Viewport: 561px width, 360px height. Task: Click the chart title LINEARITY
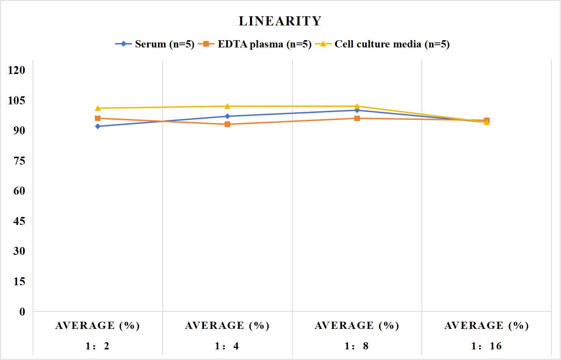point(280,21)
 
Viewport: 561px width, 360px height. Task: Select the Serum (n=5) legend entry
point(155,44)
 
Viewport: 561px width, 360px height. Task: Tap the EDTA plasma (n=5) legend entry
point(255,44)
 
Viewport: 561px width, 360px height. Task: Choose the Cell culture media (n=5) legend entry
point(382,44)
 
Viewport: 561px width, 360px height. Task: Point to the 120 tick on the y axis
point(17,70)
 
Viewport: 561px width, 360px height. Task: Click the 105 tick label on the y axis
point(17,101)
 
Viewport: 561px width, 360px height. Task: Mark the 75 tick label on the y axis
point(19,161)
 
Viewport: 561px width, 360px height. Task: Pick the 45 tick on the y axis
point(19,221)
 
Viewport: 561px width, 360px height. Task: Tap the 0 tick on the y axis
point(22,312)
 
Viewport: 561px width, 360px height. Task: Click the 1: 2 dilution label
point(98,346)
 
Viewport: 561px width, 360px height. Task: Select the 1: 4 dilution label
point(227,346)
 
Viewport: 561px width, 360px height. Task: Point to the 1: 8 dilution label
point(357,346)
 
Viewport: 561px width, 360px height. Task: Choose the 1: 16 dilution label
point(487,346)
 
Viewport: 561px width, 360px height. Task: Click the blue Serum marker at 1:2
point(98,126)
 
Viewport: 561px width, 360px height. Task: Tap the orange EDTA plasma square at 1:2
point(98,118)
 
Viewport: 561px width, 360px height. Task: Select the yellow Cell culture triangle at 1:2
point(98,108)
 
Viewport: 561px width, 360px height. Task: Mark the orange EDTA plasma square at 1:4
point(227,124)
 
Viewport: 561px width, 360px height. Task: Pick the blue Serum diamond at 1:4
point(227,116)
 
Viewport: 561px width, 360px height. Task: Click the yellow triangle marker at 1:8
point(357,106)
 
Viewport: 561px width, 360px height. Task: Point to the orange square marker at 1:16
point(487,120)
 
